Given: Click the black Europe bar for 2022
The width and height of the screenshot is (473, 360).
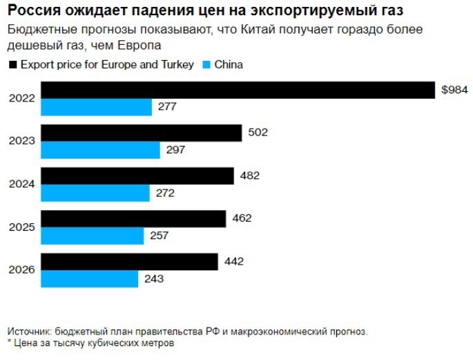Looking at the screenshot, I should [x=238, y=90].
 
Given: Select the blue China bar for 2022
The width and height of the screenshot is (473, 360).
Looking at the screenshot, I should [x=97, y=107].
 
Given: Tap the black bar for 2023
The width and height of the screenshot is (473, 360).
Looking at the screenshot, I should [x=142, y=133].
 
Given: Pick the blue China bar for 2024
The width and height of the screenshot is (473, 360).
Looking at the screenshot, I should [x=95, y=193].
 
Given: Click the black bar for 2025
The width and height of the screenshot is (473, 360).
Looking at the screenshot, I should [x=134, y=219].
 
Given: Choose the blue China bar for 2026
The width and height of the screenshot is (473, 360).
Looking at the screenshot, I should [x=90, y=279].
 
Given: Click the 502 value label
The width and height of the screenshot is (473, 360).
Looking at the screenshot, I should [x=257, y=133].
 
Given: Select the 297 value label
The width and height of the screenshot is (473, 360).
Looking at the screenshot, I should [x=176, y=150].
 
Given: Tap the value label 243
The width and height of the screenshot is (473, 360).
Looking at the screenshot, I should [x=154, y=279].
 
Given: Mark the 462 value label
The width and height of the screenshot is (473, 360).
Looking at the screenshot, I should [x=242, y=219].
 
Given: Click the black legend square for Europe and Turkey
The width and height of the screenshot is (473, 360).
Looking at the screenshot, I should [x=12, y=65].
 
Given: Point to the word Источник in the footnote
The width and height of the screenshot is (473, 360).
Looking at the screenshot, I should [x=30, y=331].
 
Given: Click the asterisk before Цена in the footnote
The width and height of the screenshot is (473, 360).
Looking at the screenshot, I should [x=9, y=342].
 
